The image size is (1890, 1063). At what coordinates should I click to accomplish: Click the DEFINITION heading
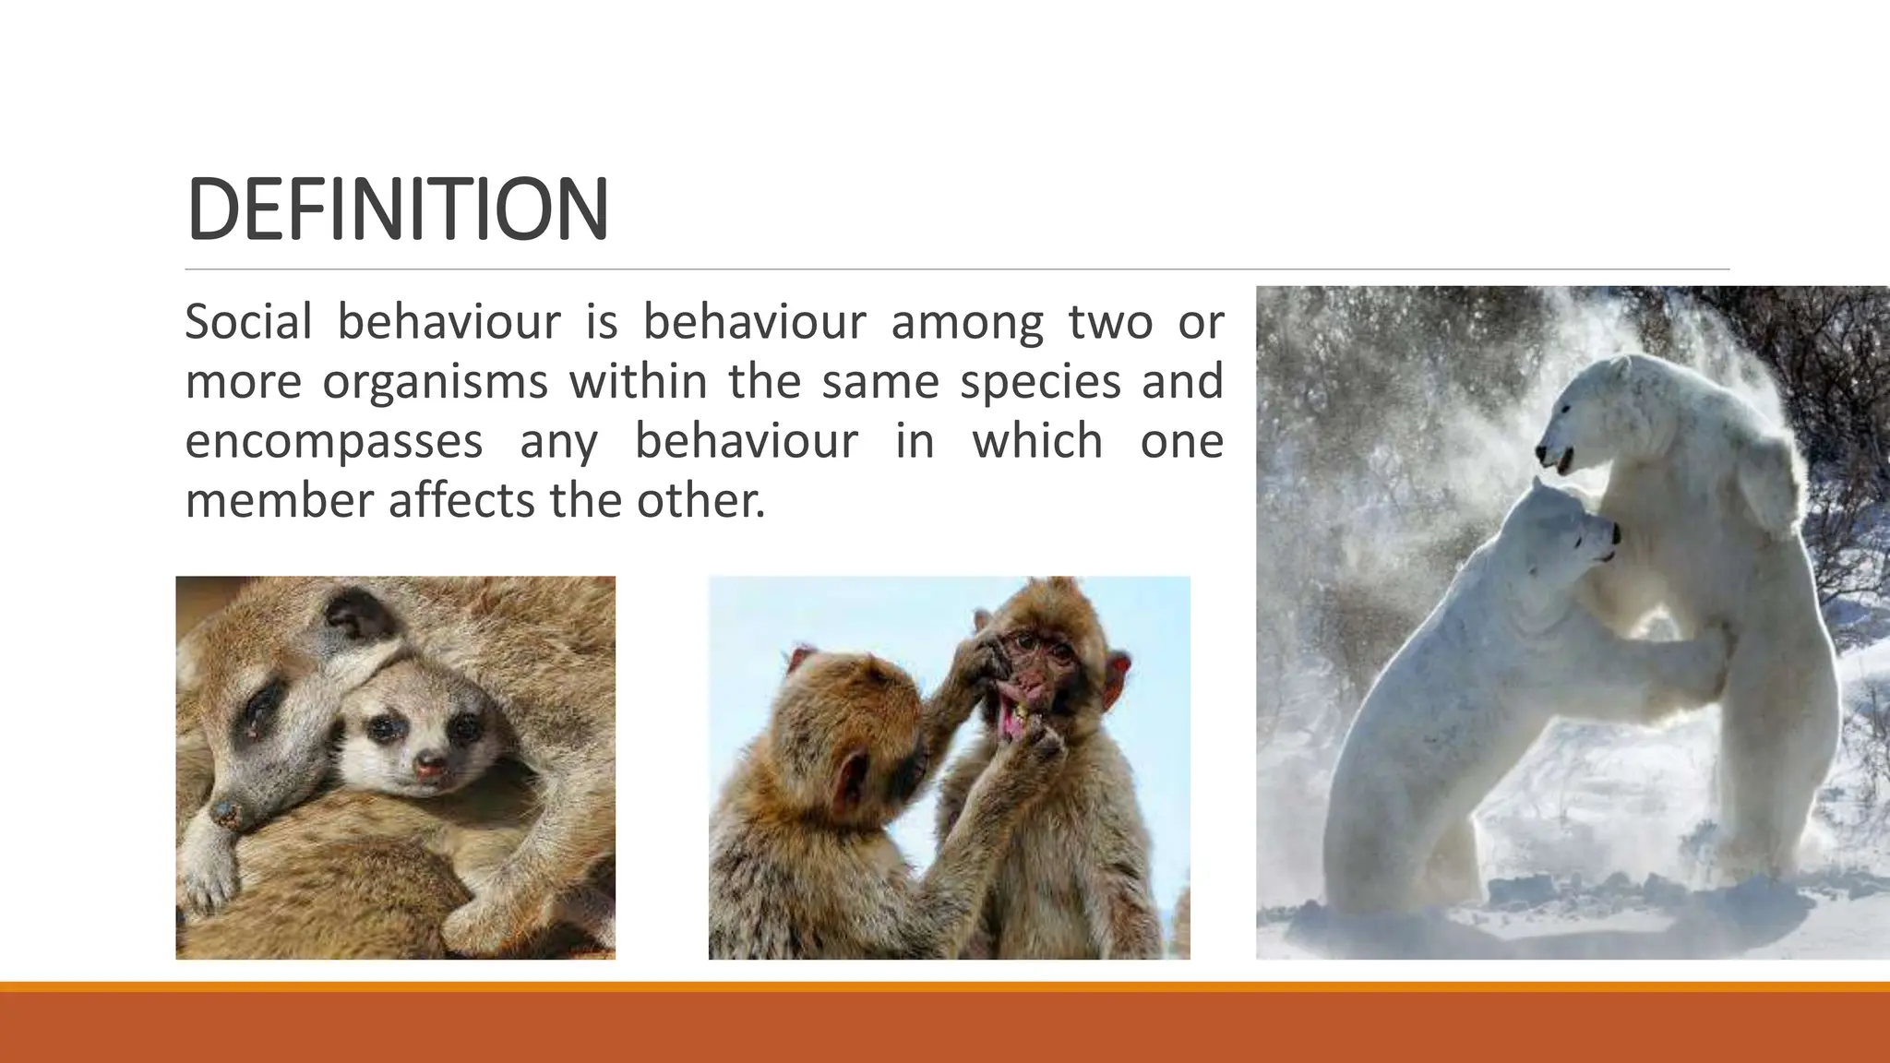click(397, 209)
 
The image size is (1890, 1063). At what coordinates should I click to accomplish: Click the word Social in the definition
click(248, 322)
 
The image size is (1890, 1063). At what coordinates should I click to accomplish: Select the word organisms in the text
click(435, 382)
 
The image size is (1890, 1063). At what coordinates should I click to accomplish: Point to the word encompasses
click(333, 441)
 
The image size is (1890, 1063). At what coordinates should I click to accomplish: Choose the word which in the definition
click(1037, 441)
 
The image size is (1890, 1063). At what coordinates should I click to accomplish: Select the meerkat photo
click(395, 768)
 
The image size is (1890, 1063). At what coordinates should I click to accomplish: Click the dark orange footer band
click(945, 1028)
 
